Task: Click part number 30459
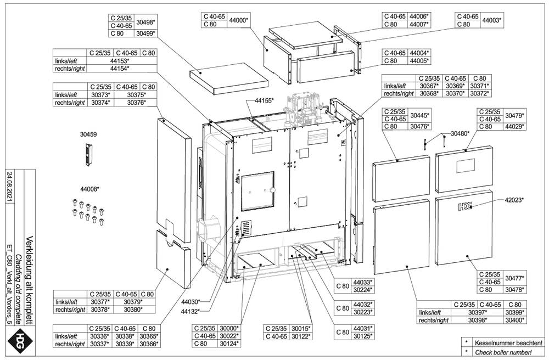(x=88, y=133)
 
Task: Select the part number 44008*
(x=89, y=189)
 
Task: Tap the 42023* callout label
(x=514, y=200)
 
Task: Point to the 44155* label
(x=264, y=101)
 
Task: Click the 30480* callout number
(x=460, y=133)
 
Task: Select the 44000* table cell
(x=239, y=20)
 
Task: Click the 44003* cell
(x=491, y=20)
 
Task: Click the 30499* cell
(x=145, y=33)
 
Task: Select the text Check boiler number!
(x=505, y=352)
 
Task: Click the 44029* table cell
(x=514, y=127)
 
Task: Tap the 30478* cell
(x=514, y=289)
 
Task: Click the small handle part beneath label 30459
(x=88, y=154)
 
